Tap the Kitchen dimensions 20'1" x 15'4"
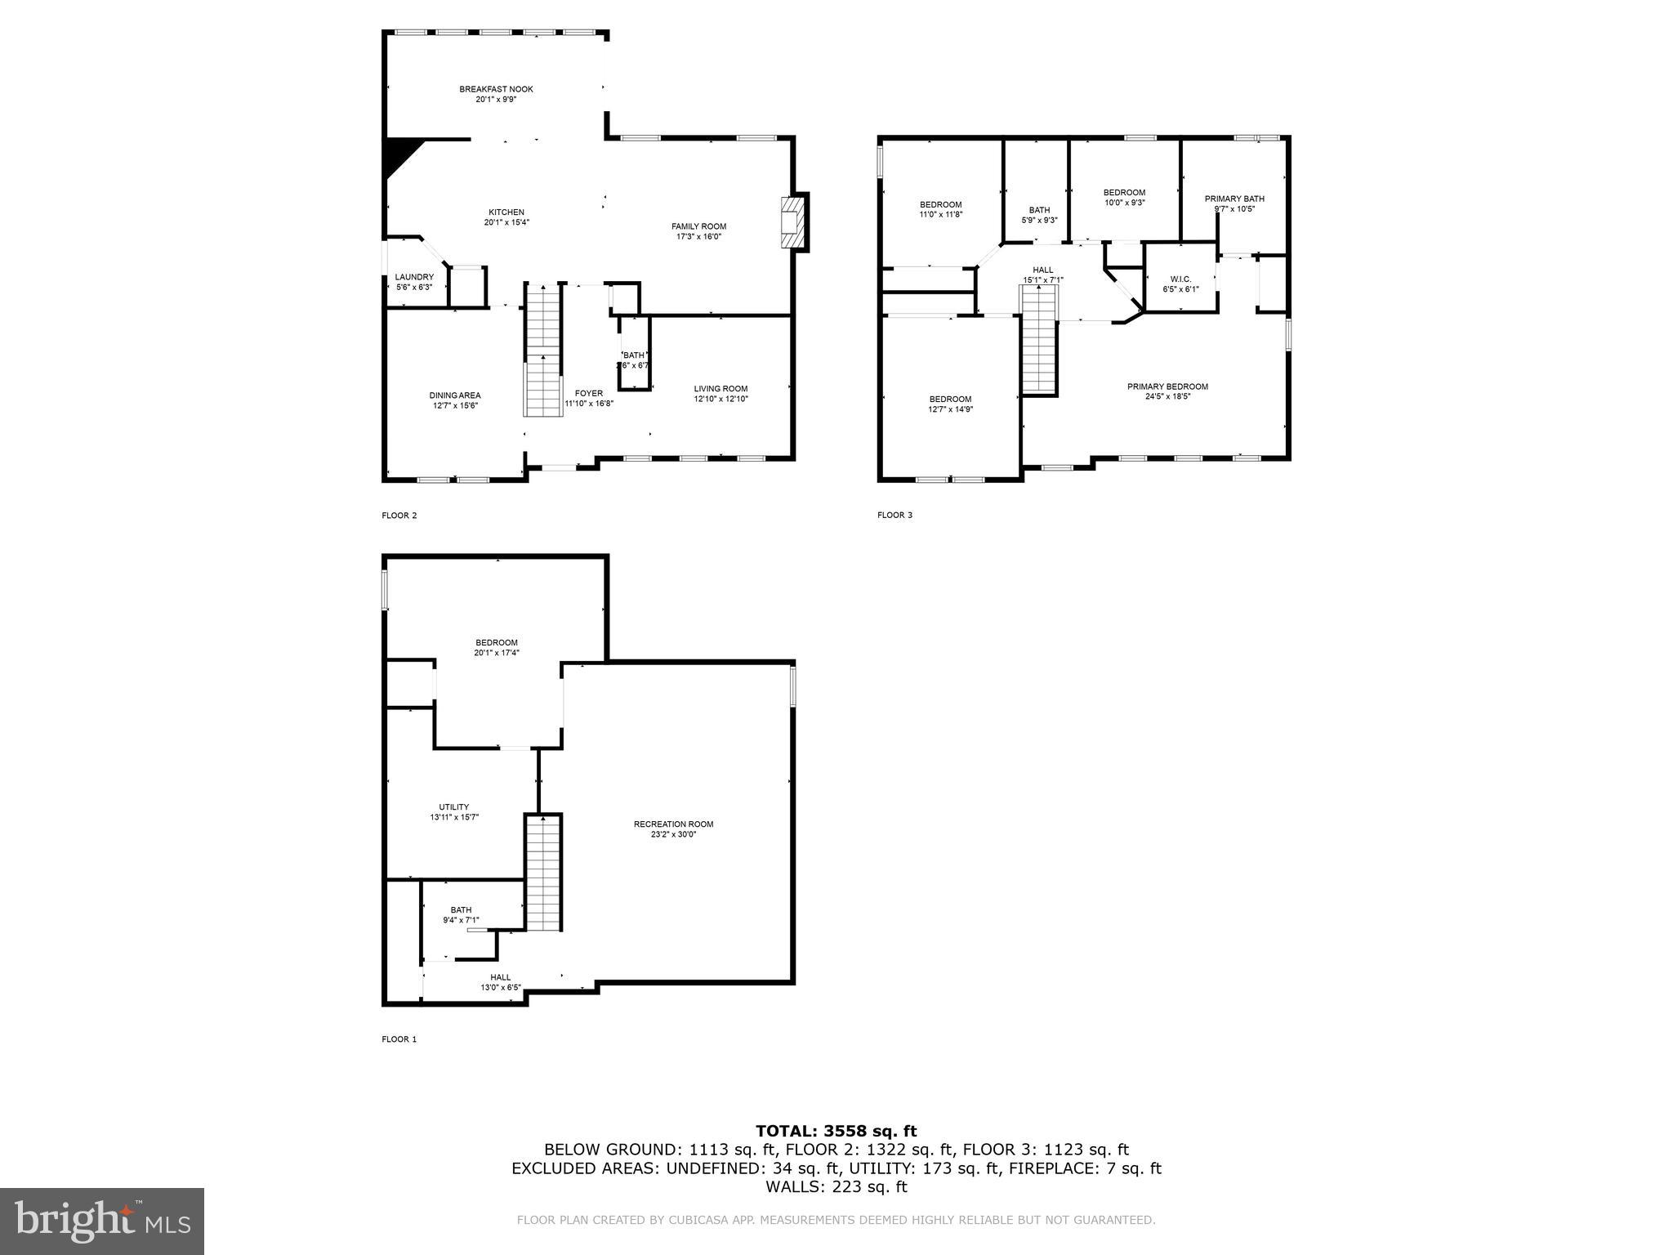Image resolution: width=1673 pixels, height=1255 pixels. (x=506, y=222)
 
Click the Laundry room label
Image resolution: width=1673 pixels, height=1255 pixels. (x=414, y=278)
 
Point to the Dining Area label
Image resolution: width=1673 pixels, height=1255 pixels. (x=455, y=395)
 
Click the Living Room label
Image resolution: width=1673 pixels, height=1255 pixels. (x=721, y=389)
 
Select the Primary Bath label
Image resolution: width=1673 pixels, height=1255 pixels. (x=1234, y=199)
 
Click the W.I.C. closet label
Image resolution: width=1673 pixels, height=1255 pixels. (x=1180, y=279)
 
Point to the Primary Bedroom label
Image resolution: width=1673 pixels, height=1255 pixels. (x=1167, y=387)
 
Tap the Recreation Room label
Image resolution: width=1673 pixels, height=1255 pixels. (x=673, y=824)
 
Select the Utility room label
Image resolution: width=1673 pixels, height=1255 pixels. (x=454, y=807)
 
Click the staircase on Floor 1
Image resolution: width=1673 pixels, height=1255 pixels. (x=542, y=873)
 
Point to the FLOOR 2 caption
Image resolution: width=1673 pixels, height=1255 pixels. (x=399, y=516)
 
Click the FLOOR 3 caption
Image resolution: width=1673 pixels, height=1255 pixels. (x=894, y=515)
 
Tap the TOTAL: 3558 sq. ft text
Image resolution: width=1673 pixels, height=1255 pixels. (x=836, y=1132)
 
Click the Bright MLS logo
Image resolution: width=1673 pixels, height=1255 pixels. (x=102, y=1221)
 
